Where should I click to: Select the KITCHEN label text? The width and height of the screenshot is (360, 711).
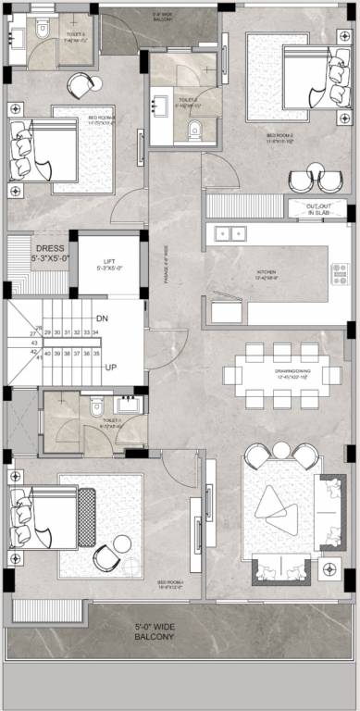tap(267, 273)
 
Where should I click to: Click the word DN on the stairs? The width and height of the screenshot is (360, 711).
tap(103, 318)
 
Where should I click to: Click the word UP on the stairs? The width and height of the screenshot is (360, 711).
tap(110, 367)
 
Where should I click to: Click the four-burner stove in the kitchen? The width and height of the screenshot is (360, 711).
tap(339, 273)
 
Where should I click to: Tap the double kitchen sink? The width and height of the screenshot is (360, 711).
tap(229, 233)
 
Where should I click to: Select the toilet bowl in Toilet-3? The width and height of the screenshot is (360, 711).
tap(42, 30)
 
